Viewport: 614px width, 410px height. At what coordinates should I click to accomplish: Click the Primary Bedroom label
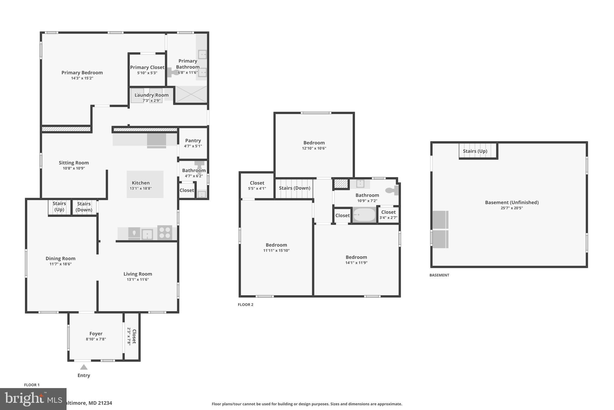(x=82, y=73)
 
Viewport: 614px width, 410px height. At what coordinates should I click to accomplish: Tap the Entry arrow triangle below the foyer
(x=84, y=367)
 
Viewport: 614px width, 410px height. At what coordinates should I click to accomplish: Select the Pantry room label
(x=193, y=141)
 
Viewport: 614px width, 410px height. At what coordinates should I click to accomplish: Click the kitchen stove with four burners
(x=165, y=232)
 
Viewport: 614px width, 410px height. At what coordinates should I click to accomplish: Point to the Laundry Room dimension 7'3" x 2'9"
(x=151, y=101)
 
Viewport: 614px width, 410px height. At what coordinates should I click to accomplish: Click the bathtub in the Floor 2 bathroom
(x=364, y=215)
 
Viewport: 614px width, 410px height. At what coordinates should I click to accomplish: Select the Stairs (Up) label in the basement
(x=475, y=151)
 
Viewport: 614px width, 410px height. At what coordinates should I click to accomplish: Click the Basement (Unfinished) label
(x=511, y=202)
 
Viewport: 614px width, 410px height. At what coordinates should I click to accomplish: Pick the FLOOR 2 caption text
(x=246, y=305)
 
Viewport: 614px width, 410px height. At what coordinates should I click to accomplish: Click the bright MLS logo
(x=33, y=399)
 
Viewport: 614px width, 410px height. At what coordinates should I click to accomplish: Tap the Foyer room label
(x=96, y=334)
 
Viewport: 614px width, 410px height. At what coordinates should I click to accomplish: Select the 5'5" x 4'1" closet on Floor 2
(x=257, y=186)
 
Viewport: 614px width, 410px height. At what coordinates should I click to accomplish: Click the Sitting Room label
(x=74, y=163)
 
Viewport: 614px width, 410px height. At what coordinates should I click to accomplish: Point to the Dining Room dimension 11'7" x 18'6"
(x=61, y=264)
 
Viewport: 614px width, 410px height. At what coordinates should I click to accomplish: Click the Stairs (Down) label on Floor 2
(x=294, y=188)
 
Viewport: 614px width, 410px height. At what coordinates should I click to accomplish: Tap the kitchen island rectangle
(x=145, y=184)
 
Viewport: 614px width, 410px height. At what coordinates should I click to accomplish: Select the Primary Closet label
(x=147, y=68)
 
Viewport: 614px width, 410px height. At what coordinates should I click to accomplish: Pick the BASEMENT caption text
(x=439, y=275)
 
